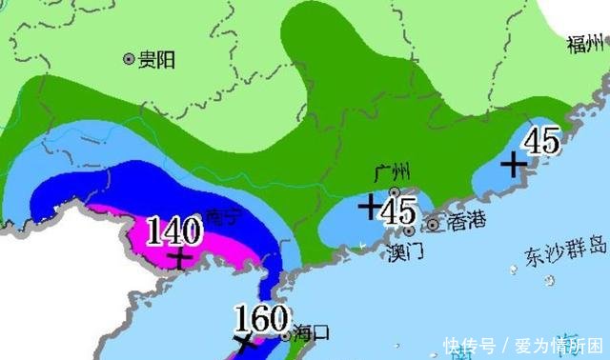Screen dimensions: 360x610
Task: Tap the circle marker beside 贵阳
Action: coord(129,60)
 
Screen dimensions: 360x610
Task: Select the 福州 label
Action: coord(587,44)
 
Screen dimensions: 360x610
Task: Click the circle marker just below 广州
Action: coord(394,191)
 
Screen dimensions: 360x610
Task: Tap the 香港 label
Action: coord(466,222)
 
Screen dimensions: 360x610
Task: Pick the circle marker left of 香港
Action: coord(434,225)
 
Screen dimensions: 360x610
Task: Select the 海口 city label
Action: coord(311,333)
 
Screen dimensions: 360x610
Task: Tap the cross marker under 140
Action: coord(180,257)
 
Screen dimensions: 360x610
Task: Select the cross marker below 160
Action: coord(245,343)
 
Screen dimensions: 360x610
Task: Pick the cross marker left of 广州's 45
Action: coord(368,204)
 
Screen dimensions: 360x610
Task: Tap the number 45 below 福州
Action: coord(540,142)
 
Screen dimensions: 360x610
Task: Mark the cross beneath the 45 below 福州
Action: coord(513,166)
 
